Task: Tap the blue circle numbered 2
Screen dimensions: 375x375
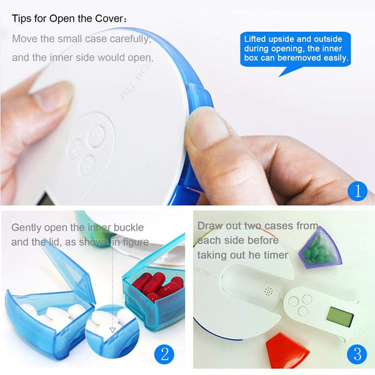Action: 164,354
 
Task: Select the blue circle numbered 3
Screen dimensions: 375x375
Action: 357,354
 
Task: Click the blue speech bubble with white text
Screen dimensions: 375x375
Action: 296,49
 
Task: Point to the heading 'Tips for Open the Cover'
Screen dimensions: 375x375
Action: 69,19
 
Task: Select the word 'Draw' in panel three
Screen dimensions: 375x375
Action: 210,226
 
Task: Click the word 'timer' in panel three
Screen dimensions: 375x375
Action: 274,255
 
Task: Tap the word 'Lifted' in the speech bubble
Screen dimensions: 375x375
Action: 257,39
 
